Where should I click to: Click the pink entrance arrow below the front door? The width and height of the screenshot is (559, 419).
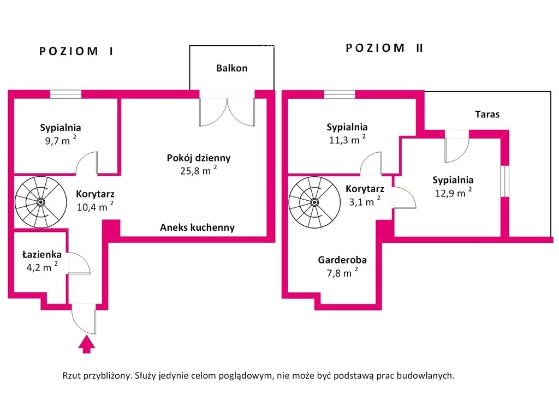86,345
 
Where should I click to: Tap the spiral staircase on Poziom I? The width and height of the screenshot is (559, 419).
40,202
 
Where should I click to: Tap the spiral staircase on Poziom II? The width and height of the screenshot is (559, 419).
314,202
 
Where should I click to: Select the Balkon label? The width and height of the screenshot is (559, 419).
231,68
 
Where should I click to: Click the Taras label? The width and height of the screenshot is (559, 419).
487,115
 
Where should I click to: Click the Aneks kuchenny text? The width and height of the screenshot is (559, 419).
197,228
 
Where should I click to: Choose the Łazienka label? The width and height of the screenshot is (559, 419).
42,254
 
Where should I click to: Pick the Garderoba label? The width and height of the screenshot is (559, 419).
342,260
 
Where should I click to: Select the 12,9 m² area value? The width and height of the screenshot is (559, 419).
453,193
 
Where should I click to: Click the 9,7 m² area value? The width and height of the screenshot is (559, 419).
60,141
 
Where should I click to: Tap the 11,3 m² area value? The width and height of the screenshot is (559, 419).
347,140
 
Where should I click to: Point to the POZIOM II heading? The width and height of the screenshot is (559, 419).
385,48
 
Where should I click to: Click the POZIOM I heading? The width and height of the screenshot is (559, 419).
76,51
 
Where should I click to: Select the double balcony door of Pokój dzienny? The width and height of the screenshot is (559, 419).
227,112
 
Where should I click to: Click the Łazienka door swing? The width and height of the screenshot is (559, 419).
79,264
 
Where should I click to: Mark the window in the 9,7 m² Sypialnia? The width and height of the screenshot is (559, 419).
66,94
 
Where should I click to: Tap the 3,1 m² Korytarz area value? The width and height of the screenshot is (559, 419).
364,202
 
